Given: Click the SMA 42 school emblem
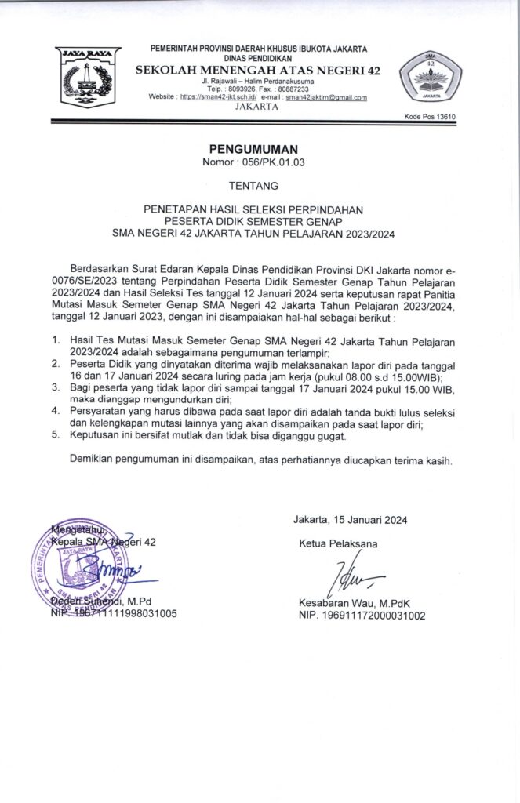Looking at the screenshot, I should point(430,79).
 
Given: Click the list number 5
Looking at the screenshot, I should point(55,434).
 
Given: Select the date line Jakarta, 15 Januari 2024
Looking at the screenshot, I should point(350,519).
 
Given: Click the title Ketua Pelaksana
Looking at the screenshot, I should point(337,543).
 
